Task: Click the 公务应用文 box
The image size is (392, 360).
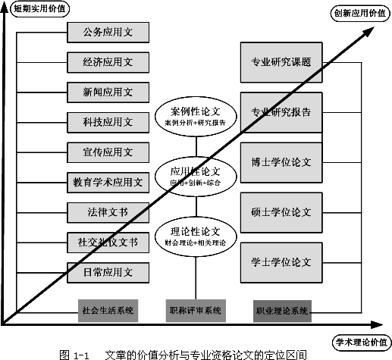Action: pyautogui.click(x=108, y=33)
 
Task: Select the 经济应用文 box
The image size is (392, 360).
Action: pyautogui.click(x=108, y=62)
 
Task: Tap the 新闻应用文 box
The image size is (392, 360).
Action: pyautogui.click(x=108, y=92)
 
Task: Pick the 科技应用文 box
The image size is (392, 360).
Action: pyautogui.click(x=108, y=121)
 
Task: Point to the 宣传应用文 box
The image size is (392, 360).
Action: pyautogui.click(x=108, y=152)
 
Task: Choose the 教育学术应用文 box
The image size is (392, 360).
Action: pyautogui.click(x=108, y=182)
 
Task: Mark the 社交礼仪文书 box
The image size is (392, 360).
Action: pyautogui.click(x=108, y=242)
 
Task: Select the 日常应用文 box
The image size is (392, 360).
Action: pyautogui.click(x=108, y=271)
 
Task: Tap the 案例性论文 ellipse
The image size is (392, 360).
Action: pyautogui.click(x=196, y=116)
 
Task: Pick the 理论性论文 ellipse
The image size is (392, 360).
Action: pyautogui.click(x=196, y=235)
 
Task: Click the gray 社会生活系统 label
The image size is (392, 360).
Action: pyautogui.click(x=108, y=309)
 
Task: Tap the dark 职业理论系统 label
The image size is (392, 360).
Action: pyautogui.click(x=281, y=309)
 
